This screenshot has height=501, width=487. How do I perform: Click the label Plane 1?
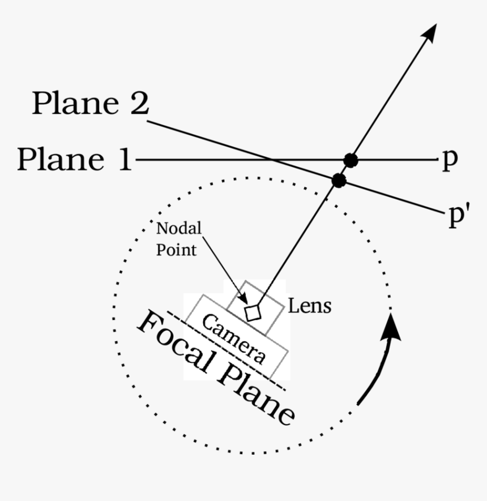click(74, 160)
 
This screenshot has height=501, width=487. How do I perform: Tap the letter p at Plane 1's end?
click(449, 161)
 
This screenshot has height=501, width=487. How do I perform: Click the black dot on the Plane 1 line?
click(351, 160)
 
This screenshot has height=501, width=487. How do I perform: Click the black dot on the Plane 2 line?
click(339, 181)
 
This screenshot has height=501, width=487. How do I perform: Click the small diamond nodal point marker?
click(253, 312)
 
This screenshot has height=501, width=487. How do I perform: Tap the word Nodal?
click(179, 229)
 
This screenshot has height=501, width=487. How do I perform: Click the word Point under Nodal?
click(177, 250)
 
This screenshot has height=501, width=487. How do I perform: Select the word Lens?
click(309, 306)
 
